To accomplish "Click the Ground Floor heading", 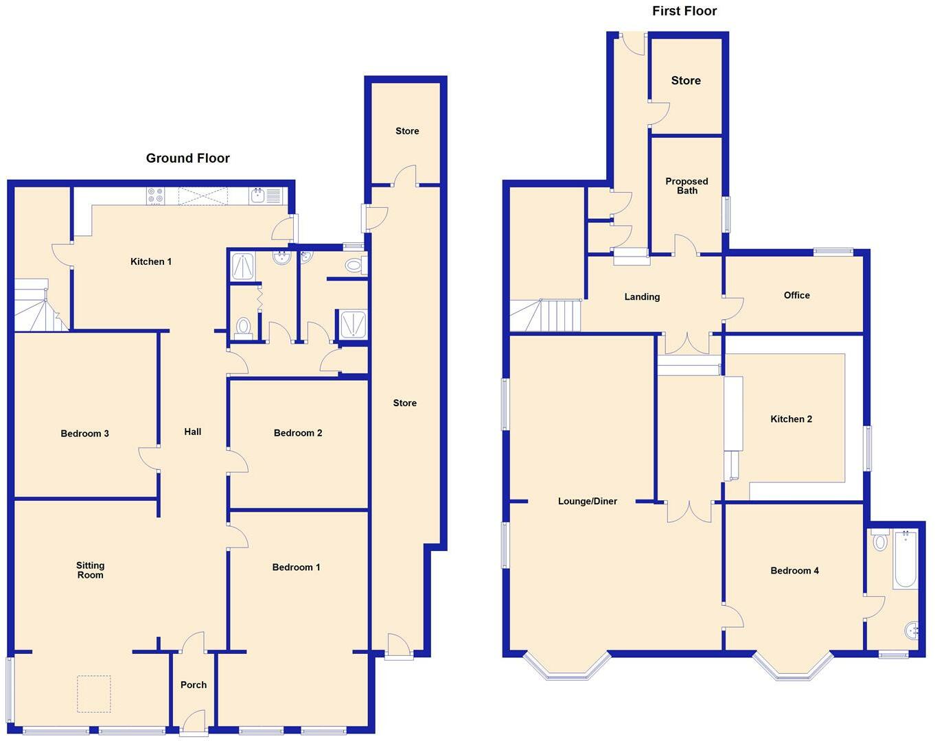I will (x=187, y=158).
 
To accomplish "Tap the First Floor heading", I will (x=684, y=11).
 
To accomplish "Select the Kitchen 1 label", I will (x=151, y=261).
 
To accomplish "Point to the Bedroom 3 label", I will (x=84, y=434).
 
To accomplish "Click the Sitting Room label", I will (x=90, y=570).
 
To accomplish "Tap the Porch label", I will (x=194, y=685).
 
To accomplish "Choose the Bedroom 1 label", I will (x=296, y=567).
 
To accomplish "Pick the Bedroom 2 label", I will (x=297, y=433).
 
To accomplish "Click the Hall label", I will (x=192, y=432).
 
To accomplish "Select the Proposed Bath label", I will (x=686, y=186).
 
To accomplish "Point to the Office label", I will (x=796, y=295).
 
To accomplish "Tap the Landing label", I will (x=642, y=297).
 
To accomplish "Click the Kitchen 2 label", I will (x=791, y=419).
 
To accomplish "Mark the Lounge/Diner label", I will (x=587, y=502).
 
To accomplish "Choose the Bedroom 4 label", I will (x=794, y=571).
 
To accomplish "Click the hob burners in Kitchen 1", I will (x=155, y=196).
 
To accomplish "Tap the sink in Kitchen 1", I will (x=259, y=196).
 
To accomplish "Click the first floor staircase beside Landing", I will (x=546, y=315).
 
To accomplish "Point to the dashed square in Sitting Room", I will (x=93, y=694).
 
